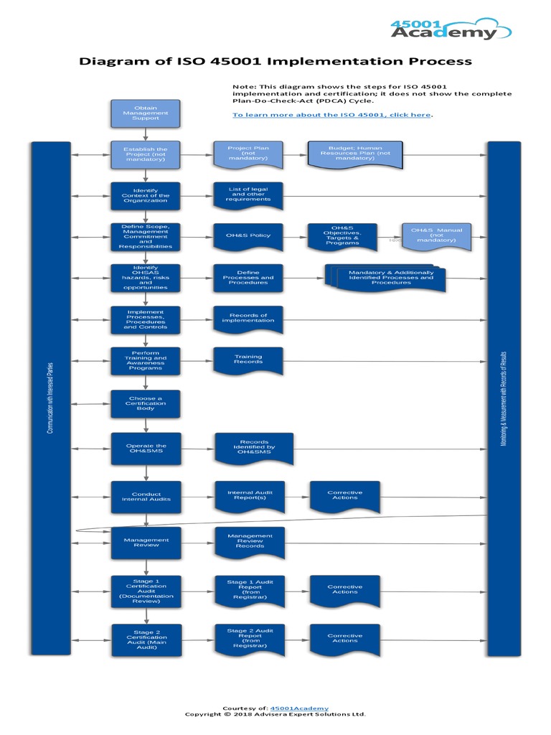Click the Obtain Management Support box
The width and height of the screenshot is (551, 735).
point(145,113)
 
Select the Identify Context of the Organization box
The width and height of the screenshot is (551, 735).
point(145,195)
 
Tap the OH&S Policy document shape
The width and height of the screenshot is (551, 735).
point(248,236)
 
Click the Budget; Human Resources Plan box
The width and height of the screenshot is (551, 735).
point(354,154)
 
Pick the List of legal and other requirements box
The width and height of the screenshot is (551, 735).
point(248,195)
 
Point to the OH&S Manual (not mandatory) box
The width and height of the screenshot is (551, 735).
point(436,235)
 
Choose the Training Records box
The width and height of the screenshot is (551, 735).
point(248,360)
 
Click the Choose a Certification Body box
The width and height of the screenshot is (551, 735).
point(145,404)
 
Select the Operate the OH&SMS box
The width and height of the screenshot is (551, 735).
point(145,449)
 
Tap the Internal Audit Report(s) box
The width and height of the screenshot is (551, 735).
point(250,495)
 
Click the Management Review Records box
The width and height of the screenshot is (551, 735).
point(250,542)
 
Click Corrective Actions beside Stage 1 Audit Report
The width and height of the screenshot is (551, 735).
point(344,590)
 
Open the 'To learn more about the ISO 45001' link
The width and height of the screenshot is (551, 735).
point(331,115)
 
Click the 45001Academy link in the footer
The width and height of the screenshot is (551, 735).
point(301,708)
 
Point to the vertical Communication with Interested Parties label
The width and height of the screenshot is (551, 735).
point(50,398)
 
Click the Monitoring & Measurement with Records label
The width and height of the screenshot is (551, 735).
point(504,398)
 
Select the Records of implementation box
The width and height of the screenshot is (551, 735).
point(248,319)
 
